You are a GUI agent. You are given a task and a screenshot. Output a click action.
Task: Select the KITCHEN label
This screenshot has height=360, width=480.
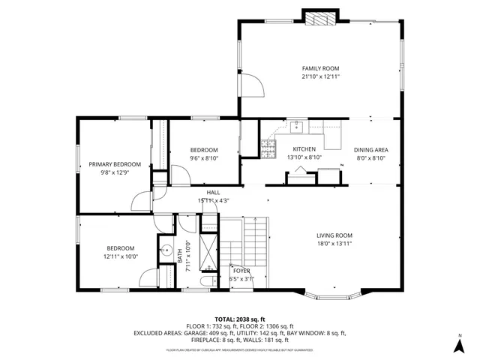(304, 148)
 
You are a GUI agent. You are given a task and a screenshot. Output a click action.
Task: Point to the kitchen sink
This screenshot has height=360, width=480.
(298, 125)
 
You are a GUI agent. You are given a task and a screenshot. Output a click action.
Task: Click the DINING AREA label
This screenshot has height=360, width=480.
(371, 148)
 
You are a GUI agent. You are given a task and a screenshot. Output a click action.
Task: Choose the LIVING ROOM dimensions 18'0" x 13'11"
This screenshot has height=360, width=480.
(334, 244)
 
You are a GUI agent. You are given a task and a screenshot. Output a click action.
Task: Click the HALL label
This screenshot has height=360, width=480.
(214, 193)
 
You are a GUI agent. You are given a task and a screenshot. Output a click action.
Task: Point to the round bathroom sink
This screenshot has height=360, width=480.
(167, 252)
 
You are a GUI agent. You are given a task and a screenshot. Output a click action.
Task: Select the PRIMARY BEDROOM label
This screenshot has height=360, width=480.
(115, 164)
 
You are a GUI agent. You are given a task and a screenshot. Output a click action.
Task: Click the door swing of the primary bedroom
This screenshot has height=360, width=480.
(139, 202)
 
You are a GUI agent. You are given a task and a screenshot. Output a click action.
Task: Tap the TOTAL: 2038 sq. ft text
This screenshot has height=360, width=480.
(240, 319)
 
